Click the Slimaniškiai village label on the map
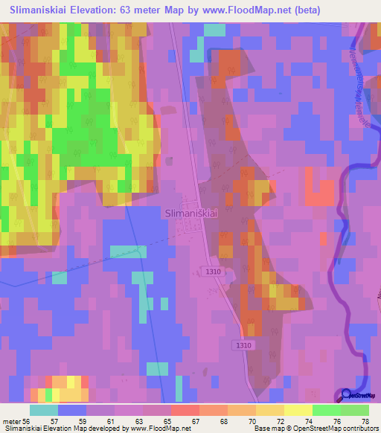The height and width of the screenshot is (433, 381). click(190, 212)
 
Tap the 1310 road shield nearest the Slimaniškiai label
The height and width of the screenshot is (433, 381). click(214, 272)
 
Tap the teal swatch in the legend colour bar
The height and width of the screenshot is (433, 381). click(43, 410)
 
